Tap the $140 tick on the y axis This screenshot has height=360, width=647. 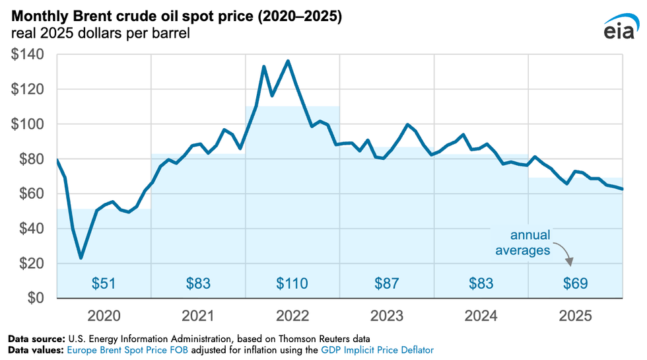pyautogui.click(x=27, y=55)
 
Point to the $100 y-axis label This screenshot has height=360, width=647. pyautogui.click(x=27, y=124)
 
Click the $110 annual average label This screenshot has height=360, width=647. pyautogui.click(x=292, y=284)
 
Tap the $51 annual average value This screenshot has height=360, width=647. pyautogui.click(x=104, y=284)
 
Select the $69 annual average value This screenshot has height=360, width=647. pyautogui.click(x=576, y=284)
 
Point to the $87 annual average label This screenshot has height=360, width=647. pyautogui.click(x=387, y=284)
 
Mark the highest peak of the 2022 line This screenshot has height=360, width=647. pyautogui.click(x=288, y=61)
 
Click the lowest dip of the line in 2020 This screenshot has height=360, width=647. pyautogui.click(x=81, y=258)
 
